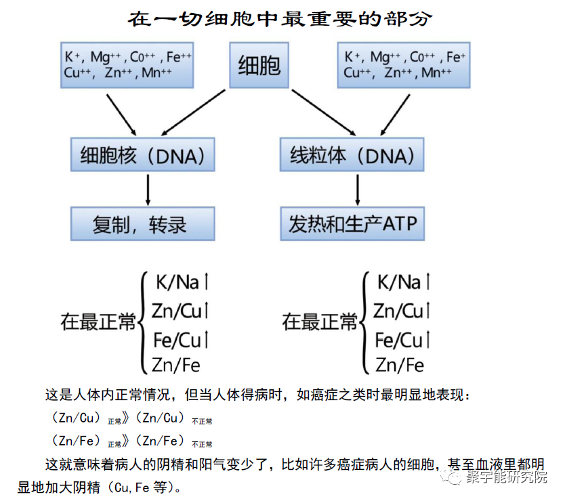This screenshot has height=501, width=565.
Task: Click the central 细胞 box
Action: coord(259,66)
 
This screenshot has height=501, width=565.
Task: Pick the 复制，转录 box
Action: coord(142,224)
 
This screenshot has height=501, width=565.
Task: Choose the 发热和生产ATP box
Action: coord(352,224)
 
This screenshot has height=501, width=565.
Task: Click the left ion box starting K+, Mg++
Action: coord(127,65)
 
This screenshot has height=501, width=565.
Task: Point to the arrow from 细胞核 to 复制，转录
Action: coord(148,190)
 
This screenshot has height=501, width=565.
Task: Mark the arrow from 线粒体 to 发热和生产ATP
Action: coord(357,190)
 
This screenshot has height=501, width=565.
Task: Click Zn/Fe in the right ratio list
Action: coord(400,366)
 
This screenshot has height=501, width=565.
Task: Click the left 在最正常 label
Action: coord(98,322)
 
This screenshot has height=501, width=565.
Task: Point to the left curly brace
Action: coord(142,322)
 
